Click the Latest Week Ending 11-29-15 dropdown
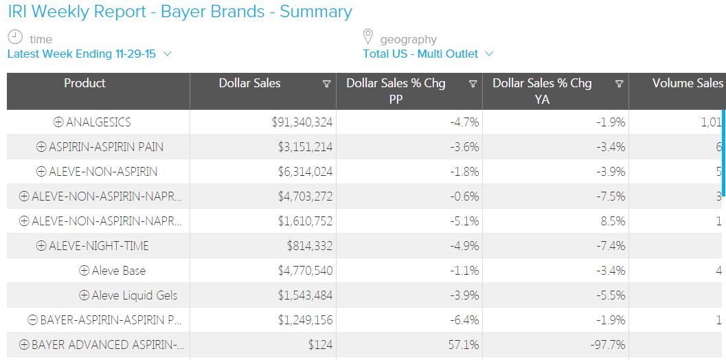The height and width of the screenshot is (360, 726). click(x=89, y=54)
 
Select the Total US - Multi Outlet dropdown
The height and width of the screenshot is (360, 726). click(x=428, y=54)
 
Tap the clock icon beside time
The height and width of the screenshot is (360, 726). click(x=15, y=38)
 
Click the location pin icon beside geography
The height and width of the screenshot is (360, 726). click(x=368, y=37)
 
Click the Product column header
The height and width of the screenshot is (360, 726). click(x=84, y=83)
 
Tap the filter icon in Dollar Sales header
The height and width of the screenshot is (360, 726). click(x=326, y=84)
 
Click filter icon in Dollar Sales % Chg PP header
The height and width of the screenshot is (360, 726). click(x=473, y=84)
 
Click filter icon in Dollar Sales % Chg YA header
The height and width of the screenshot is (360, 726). click(x=619, y=84)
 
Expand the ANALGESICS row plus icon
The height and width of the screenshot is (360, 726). click(x=58, y=122)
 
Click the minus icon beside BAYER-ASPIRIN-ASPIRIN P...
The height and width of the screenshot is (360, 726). click(x=32, y=320)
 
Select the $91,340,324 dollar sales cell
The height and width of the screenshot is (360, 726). click(x=302, y=122)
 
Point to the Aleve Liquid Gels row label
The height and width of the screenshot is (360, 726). click(x=135, y=295)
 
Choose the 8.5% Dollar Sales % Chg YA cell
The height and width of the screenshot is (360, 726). click(x=613, y=221)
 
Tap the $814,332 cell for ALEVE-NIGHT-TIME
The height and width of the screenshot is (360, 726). click(x=310, y=246)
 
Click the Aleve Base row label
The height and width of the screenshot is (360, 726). click(x=119, y=271)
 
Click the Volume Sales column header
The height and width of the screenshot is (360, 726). click(x=687, y=83)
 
